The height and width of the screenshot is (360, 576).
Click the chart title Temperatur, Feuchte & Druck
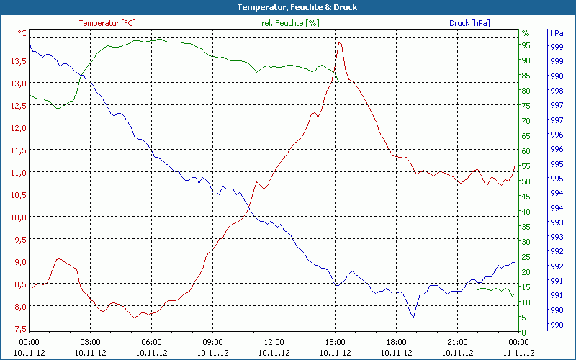tap(287, 7)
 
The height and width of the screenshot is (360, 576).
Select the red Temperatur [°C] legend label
tap(107, 23)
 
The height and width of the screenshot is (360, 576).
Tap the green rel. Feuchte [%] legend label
tap(290, 23)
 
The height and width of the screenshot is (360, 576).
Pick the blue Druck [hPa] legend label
tap(469, 23)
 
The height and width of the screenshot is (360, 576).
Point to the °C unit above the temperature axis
tap(22, 33)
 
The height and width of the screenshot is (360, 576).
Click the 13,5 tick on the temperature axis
tap(18, 60)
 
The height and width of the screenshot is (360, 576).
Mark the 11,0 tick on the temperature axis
tap(18, 172)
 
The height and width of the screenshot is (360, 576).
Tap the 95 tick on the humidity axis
tap(526, 45)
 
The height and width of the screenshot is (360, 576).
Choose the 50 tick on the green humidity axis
tap(526, 181)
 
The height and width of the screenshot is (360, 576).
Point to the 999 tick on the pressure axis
tap(556, 47)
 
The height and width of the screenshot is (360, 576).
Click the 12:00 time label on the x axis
tap(274, 342)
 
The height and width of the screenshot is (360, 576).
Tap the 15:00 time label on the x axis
tap(336, 342)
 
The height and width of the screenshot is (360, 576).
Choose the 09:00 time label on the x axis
tap(213, 342)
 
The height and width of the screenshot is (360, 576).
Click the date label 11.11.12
tap(519, 353)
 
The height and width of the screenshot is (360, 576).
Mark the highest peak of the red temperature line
tap(340, 42)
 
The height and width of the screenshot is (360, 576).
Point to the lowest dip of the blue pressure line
tap(413, 318)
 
